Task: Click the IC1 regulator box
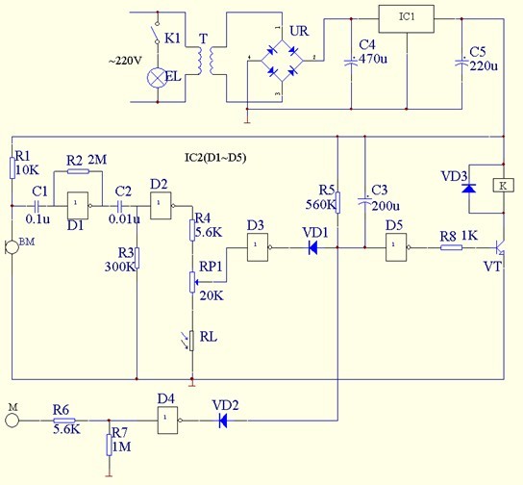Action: [x=407, y=18]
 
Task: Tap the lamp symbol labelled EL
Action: [x=157, y=78]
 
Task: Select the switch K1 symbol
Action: [x=156, y=33]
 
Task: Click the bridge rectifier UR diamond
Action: [x=282, y=61]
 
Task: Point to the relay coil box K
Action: [x=504, y=186]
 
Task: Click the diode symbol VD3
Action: [x=469, y=189]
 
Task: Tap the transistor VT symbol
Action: [x=500, y=248]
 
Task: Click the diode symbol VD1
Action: [x=312, y=247]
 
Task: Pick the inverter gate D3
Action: [x=259, y=247]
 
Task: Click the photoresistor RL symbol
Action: [x=189, y=341]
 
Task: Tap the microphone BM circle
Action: [x=12, y=247]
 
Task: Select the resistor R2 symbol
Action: [x=78, y=171]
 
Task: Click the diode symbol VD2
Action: [x=223, y=421]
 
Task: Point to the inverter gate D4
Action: [x=169, y=421]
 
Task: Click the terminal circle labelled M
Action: [x=12, y=421]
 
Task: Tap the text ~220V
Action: [x=125, y=61]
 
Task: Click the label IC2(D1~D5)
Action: [x=215, y=158]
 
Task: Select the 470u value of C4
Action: [x=373, y=59]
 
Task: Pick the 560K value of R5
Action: [x=320, y=205]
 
